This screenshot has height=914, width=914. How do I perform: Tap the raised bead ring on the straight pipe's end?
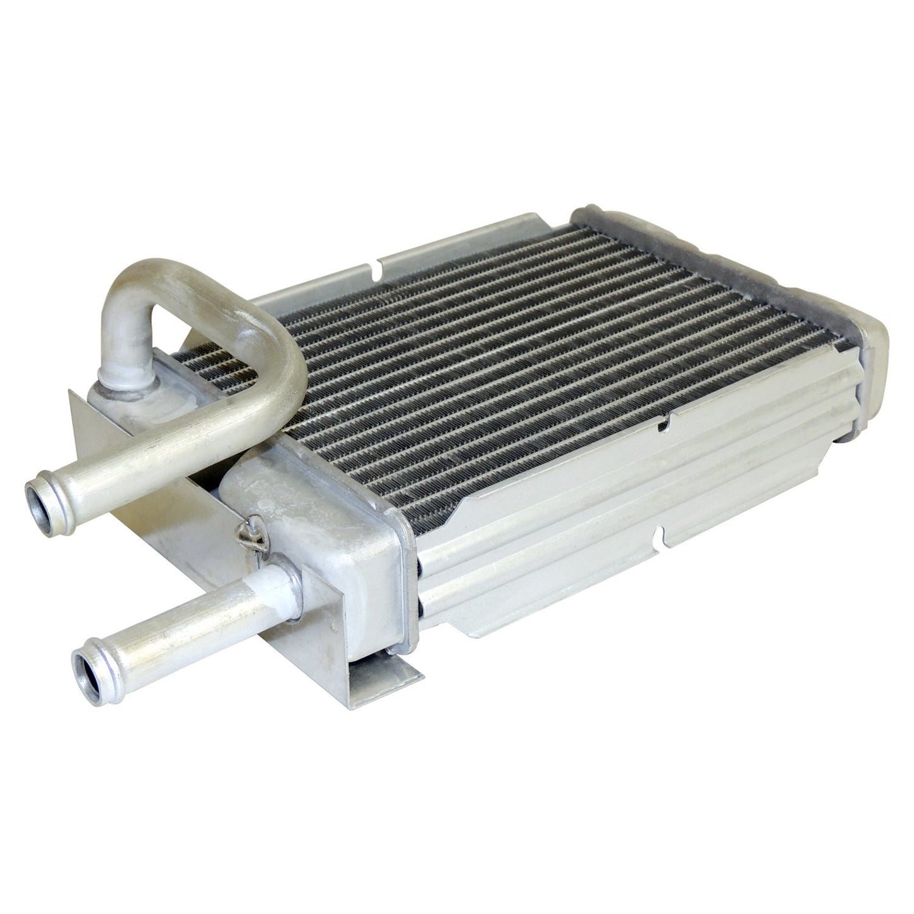(101, 664)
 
